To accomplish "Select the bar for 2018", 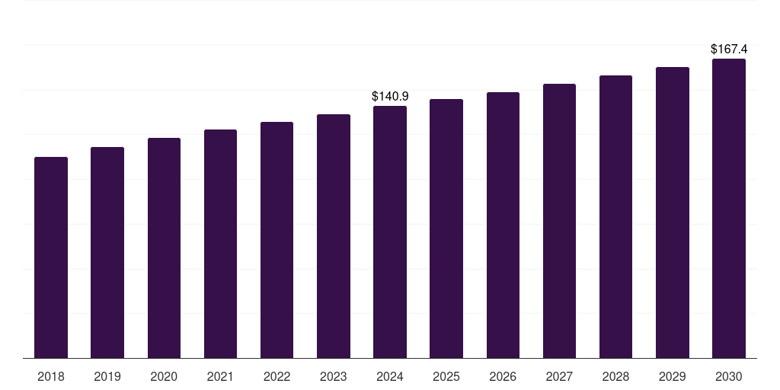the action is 51,257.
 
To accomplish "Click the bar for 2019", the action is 107,253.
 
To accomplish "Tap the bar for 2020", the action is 164,248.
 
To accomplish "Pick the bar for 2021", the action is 220,244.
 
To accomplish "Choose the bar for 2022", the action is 277,240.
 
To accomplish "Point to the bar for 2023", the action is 334,236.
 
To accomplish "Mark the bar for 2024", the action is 390,232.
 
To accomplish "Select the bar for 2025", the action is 446,229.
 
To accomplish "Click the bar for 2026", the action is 503,225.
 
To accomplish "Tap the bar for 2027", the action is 560,222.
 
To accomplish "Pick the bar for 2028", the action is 615,217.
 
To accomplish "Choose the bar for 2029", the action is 673,213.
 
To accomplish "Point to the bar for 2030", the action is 729,209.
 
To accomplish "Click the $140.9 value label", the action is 390,97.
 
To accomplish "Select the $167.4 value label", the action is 729,50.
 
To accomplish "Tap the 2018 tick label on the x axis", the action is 51,377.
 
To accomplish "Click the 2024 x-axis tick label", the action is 390,377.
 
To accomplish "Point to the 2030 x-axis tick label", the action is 729,377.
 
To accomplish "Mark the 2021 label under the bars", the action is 220,377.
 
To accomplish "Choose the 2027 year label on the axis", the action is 560,377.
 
